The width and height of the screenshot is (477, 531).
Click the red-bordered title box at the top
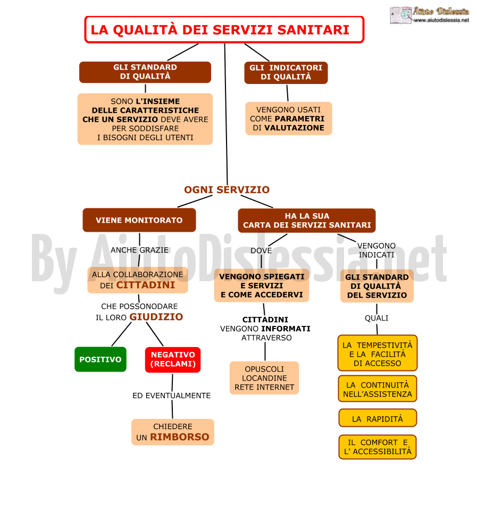(224, 29)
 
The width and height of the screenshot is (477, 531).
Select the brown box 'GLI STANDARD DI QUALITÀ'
(145, 72)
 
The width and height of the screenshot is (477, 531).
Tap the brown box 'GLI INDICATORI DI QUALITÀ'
(286, 72)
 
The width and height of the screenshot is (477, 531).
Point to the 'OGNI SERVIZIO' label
(227, 190)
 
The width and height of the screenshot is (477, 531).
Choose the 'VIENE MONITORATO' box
(139, 220)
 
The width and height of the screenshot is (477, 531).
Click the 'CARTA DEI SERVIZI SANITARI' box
(307, 221)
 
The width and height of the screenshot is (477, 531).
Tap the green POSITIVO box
(101, 359)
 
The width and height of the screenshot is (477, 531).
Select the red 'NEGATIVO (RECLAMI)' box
(173, 360)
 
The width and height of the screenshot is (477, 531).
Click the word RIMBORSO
(180, 437)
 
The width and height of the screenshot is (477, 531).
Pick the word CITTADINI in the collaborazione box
(146, 285)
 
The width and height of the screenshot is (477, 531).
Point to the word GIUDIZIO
(156, 317)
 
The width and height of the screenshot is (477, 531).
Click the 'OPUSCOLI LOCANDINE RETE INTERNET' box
(264, 378)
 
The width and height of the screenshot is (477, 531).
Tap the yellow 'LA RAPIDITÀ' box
(378, 418)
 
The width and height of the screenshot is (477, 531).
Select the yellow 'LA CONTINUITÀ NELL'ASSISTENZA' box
(378, 389)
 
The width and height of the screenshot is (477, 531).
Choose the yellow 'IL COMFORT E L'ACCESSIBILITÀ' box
(378, 447)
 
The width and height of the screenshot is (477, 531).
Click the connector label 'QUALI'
(376, 318)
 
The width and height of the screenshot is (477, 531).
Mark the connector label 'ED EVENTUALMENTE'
(171, 395)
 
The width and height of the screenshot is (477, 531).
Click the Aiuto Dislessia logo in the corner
(430, 15)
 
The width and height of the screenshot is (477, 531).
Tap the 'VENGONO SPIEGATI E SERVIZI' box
(262, 285)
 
